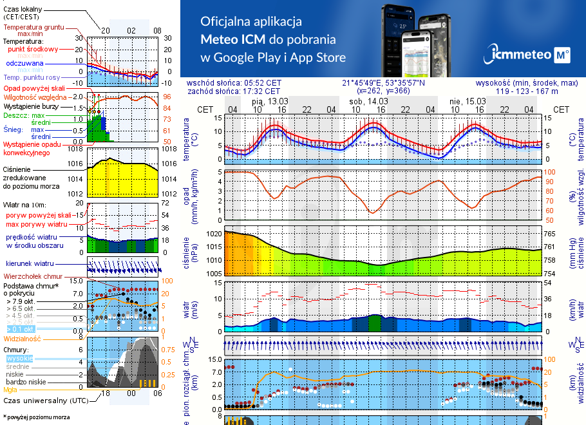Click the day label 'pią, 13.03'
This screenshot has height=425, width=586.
[270, 101]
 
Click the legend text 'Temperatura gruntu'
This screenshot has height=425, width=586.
[34, 28]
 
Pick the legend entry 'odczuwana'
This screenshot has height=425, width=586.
[24, 63]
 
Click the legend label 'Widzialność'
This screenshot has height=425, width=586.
[23, 338]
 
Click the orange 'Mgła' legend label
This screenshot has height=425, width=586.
[10, 390]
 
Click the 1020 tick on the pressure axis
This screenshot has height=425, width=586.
[214, 233]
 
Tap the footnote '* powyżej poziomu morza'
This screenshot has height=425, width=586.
[36, 417]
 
